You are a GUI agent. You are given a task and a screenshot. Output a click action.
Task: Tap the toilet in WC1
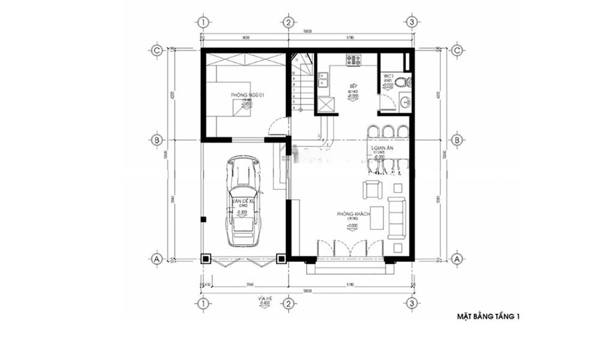click(x=399, y=82)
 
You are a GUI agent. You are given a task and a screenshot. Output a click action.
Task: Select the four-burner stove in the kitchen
click(x=353, y=61)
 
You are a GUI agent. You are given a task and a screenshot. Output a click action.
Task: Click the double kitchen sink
click(x=325, y=83)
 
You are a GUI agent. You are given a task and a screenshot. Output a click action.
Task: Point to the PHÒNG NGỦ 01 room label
click(x=248, y=96)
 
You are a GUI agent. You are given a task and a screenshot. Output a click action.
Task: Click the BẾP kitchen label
click(x=354, y=87)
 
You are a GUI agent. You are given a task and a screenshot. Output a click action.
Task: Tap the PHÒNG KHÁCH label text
click(x=353, y=214)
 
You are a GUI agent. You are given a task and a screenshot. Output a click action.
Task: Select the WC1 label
click(x=389, y=75)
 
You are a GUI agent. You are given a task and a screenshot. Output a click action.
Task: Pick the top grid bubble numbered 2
click(x=287, y=22)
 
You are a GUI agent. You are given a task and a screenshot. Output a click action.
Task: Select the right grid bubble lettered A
click(x=457, y=258)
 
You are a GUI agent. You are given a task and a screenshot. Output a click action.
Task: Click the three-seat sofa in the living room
click(x=399, y=216)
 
